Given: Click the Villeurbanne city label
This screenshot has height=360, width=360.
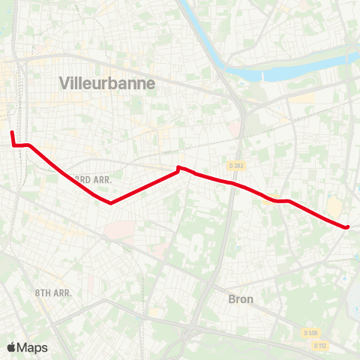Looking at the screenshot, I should (106, 84).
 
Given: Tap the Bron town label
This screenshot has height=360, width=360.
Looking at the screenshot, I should (241, 298).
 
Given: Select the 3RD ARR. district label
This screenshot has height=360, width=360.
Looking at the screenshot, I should (94, 180).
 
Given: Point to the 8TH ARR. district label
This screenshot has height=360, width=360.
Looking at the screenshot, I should (52, 292).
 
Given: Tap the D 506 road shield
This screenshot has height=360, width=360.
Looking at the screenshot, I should (310, 333).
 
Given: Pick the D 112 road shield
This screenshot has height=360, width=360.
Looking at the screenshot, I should (321, 346).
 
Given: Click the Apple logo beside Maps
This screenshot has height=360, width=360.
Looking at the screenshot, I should (12, 347).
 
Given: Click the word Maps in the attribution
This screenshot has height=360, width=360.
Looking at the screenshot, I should (33, 348).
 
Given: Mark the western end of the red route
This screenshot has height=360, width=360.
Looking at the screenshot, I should (11, 132).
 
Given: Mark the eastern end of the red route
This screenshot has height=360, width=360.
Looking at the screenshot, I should (348, 226).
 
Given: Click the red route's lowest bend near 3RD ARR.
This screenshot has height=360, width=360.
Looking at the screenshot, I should (111, 202).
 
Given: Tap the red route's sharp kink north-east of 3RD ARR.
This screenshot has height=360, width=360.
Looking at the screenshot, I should (178, 167).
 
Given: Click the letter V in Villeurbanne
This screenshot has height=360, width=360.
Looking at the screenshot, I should (64, 84).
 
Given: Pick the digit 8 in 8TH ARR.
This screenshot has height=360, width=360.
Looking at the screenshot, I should (37, 292).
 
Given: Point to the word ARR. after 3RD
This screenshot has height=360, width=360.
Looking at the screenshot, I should (102, 181).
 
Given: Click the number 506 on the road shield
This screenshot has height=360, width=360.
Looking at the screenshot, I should (313, 333).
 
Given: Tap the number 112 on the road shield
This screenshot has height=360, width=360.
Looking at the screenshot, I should (323, 346).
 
